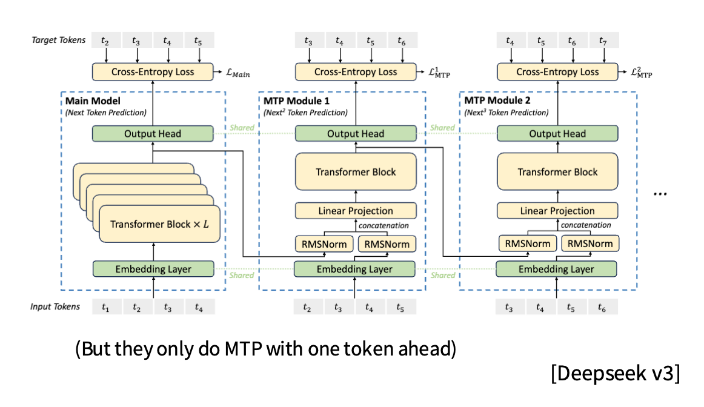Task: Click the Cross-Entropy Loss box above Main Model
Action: click(153, 72)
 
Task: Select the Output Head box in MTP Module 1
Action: click(356, 134)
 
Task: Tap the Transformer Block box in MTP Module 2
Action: click(557, 172)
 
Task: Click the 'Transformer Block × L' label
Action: click(159, 224)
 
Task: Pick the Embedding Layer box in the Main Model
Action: click(153, 269)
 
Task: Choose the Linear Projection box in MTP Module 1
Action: click(356, 211)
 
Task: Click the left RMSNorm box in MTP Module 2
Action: click(526, 244)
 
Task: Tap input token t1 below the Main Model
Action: click(106, 307)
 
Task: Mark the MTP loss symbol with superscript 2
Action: click(640, 73)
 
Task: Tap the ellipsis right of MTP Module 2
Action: click(660, 193)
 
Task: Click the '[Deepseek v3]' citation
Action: click(615, 374)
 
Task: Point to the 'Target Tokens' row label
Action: click(59, 41)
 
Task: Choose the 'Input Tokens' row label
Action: click(55, 306)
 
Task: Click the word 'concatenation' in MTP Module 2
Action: click(585, 225)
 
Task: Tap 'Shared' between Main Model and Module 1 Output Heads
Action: click(242, 128)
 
